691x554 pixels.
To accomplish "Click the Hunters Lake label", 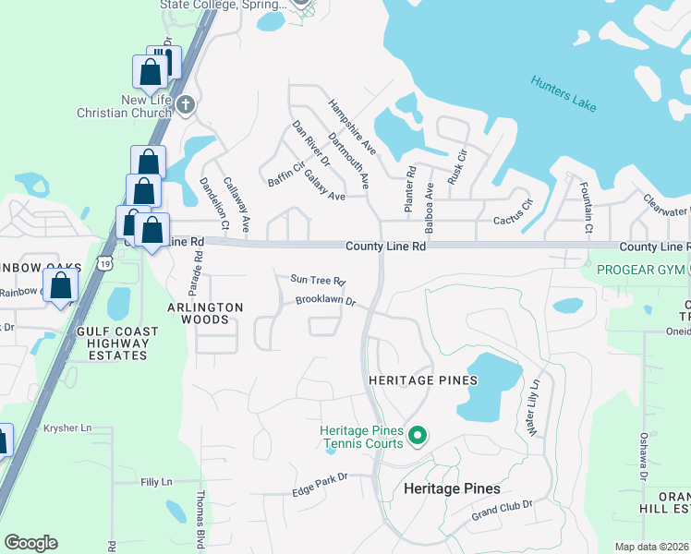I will click(x=564, y=93).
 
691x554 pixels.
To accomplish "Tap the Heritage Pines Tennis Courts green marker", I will click(x=418, y=434).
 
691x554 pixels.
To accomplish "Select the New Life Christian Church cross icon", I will click(x=185, y=103).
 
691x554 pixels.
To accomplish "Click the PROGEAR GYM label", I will click(x=641, y=269).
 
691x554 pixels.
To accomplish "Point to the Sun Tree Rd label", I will click(x=317, y=280).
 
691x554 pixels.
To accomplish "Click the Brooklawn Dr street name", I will click(x=325, y=301).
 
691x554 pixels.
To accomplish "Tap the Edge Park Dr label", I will click(x=319, y=477).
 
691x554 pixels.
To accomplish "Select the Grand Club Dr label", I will click(x=502, y=509).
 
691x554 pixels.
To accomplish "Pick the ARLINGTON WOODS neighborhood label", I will click(x=204, y=313).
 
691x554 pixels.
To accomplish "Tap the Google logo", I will click(x=30, y=543).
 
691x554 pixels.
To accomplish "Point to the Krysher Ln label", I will click(x=67, y=428).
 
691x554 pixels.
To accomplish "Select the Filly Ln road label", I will click(x=156, y=482).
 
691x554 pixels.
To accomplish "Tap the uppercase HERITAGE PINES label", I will click(x=422, y=380).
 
